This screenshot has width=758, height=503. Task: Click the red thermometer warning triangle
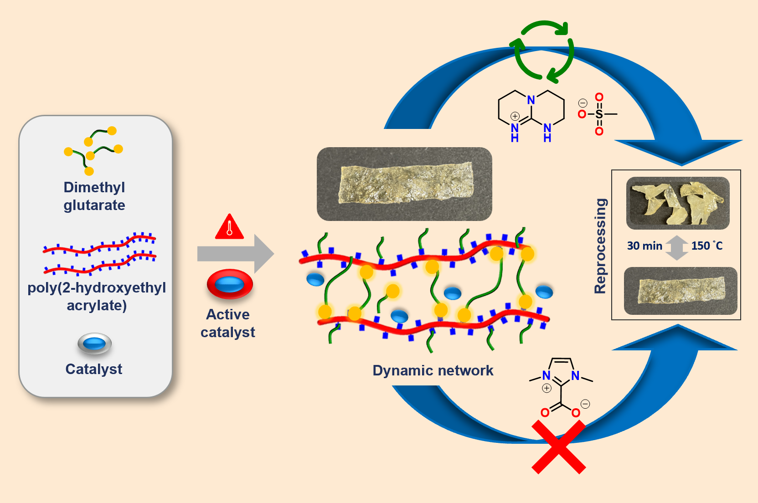(x=229, y=227)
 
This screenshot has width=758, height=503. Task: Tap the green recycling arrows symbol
(x=543, y=51)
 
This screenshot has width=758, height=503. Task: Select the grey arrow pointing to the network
(x=235, y=253)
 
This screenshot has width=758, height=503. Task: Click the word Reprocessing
(x=600, y=246)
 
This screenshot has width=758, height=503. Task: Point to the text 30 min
(x=644, y=246)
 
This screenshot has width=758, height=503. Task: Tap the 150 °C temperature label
(x=706, y=246)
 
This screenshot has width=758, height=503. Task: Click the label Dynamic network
(x=433, y=370)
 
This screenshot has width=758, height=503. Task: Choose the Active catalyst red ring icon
(x=230, y=284)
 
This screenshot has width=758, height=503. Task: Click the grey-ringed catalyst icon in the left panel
(x=94, y=343)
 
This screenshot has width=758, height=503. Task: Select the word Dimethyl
(x=94, y=187)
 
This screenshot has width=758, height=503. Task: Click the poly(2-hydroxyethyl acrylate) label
(x=97, y=296)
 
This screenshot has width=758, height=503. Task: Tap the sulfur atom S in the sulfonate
(x=599, y=114)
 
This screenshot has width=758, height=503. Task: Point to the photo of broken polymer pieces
(x=677, y=203)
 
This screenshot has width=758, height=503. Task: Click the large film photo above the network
(x=404, y=184)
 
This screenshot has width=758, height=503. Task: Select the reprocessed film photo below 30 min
(x=680, y=291)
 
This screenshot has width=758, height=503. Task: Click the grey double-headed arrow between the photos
(x=677, y=247)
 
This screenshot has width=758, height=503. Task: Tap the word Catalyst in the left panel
(x=94, y=369)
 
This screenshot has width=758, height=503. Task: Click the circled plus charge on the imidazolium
(x=547, y=388)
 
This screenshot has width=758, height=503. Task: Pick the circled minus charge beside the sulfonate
(x=583, y=103)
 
